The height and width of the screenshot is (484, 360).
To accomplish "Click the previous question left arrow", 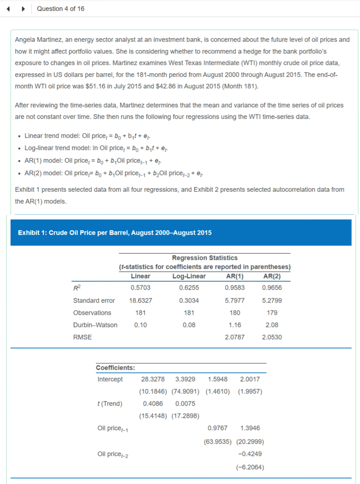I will click(x=9, y=9).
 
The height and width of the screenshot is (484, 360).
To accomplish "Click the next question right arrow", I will click(x=23, y=9).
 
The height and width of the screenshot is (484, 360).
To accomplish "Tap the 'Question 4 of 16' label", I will click(x=60, y=9).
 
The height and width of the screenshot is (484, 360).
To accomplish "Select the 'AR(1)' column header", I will click(x=235, y=276).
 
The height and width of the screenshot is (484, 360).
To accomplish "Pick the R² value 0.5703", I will click(x=140, y=288).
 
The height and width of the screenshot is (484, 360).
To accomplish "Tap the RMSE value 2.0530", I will click(x=272, y=337).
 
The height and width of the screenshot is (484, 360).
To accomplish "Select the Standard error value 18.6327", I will click(x=140, y=301).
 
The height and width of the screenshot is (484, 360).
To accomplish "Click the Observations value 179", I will click(x=272, y=313).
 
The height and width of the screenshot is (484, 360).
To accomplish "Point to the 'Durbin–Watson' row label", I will click(x=95, y=325).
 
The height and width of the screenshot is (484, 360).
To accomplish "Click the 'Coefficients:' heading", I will click(x=115, y=368).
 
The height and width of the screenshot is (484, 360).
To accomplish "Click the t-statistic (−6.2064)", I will click(x=250, y=467).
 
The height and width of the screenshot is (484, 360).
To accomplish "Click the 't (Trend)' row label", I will click(x=110, y=404).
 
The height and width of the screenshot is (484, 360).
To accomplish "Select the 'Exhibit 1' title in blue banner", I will click(x=115, y=233).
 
